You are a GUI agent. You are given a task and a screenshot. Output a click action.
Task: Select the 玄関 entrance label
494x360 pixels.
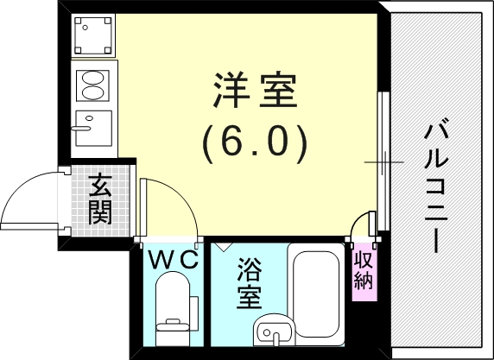pyautogui.click(x=100, y=199)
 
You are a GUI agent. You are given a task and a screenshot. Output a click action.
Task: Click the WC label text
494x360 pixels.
pyautogui.click(x=172, y=258)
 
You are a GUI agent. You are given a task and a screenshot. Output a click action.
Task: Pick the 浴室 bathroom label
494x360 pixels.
pyautogui.click(x=250, y=282)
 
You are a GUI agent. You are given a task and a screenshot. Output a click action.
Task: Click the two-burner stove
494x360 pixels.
pyautogui.click(x=92, y=84)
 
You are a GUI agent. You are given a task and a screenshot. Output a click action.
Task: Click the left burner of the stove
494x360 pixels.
pyautogui.click(x=85, y=84)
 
